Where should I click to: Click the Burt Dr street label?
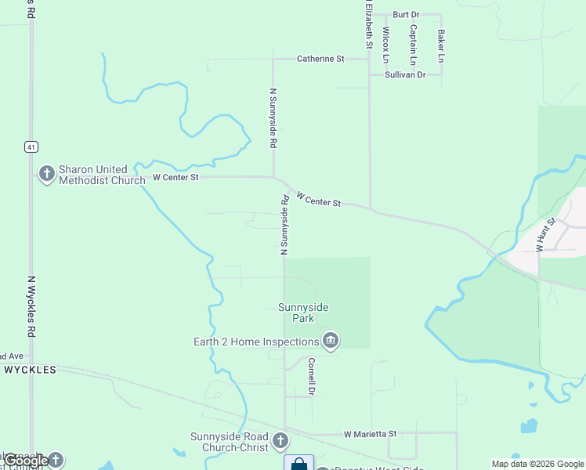tap(406, 15)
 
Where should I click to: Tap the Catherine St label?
tap(320, 59)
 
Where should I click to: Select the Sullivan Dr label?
tap(405, 75)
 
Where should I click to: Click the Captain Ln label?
tap(413, 44)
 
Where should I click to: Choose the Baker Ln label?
tap(441, 47)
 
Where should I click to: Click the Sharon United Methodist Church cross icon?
tap(46, 174)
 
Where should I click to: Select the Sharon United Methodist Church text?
tap(102, 175)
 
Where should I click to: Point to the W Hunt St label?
tap(545, 233)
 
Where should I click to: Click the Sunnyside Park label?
tap(298, 313)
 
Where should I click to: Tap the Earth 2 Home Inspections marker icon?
tap(331, 342)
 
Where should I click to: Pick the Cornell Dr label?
tap(311, 376)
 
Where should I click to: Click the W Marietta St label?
tap(371, 434)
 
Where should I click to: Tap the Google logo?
tap(27, 461)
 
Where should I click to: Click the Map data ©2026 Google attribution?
tap(538, 464)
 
